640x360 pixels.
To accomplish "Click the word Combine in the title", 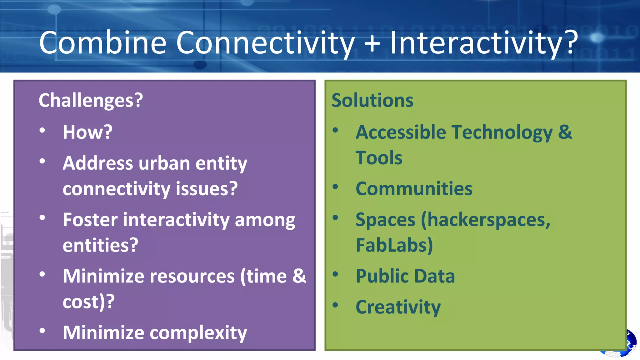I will click(x=102, y=43).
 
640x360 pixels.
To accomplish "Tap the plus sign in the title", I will click(x=372, y=43).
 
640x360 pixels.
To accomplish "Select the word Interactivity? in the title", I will click(x=484, y=43).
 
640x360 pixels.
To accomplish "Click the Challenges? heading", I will click(x=91, y=100).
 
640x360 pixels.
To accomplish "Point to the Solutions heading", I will click(x=372, y=100).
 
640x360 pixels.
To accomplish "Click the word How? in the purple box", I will click(x=87, y=132).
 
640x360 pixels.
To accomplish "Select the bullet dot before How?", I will click(x=42, y=130).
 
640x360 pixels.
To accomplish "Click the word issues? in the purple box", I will click(x=207, y=189).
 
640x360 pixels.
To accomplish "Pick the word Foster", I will click(x=90, y=220).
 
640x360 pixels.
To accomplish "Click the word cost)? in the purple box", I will click(x=88, y=302).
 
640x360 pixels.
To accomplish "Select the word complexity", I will click(x=198, y=332).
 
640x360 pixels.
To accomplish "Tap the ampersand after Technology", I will click(x=565, y=132).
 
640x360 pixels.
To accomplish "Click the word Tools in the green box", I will click(x=379, y=158).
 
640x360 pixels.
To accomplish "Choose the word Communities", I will click(x=414, y=189).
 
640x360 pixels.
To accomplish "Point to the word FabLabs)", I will click(x=394, y=245).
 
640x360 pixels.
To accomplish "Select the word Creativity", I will click(x=398, y=307).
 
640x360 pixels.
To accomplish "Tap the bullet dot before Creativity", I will click(x=335, y=305).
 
